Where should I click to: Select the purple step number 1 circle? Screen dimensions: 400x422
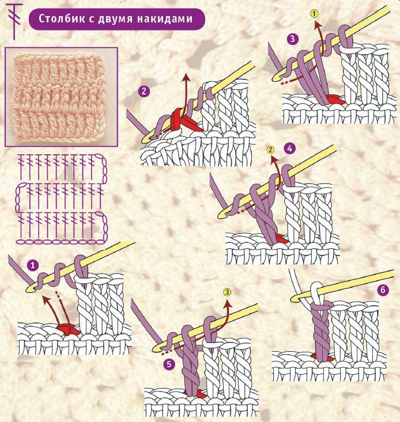(x=33, y=266)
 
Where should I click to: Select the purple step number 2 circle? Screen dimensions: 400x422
(x=144, y=91)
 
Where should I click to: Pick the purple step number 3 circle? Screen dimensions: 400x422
(x=293, y=39)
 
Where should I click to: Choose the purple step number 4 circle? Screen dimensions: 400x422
(x=289, y=149)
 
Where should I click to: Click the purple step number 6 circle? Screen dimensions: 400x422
(x=383, y=290)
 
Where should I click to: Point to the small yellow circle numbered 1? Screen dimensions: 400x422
(x=314, y=13)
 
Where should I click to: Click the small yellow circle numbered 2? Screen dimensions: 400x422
(x=270, y=150)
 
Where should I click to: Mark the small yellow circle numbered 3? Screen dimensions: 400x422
(x=227, y=292)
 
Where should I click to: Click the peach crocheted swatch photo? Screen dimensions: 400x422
(x=61, y=97)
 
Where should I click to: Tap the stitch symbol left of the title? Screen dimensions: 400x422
(x=14, y=21)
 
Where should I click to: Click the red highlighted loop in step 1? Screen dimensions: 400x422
(x=68, y=329)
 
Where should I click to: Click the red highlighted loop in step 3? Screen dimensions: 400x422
(x=335, y=100)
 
